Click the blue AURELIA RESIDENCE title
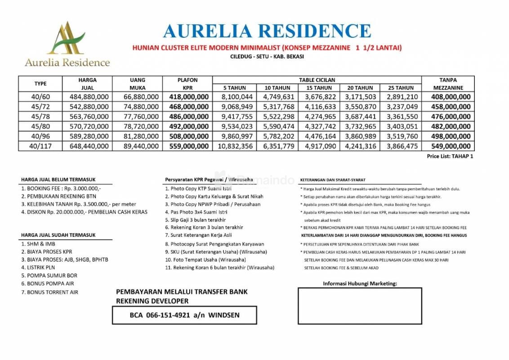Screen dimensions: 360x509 [267, 31]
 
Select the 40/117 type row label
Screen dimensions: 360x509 [40, 146]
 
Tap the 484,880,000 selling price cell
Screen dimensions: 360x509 [89, 97]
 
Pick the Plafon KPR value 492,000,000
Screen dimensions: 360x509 [189, 126]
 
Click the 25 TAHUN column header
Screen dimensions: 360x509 [401, 88]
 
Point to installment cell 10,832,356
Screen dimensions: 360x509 [234, 146]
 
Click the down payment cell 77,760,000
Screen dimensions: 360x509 [139, 117]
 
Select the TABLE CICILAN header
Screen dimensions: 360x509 [317, 80]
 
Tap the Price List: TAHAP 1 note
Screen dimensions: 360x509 [450, 156]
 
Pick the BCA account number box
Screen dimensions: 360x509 [184, 315]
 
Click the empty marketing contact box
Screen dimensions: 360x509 [360, 306]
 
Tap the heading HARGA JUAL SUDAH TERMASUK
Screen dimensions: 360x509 [58, 235]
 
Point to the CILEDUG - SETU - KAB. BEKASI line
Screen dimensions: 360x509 [267, 56]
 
